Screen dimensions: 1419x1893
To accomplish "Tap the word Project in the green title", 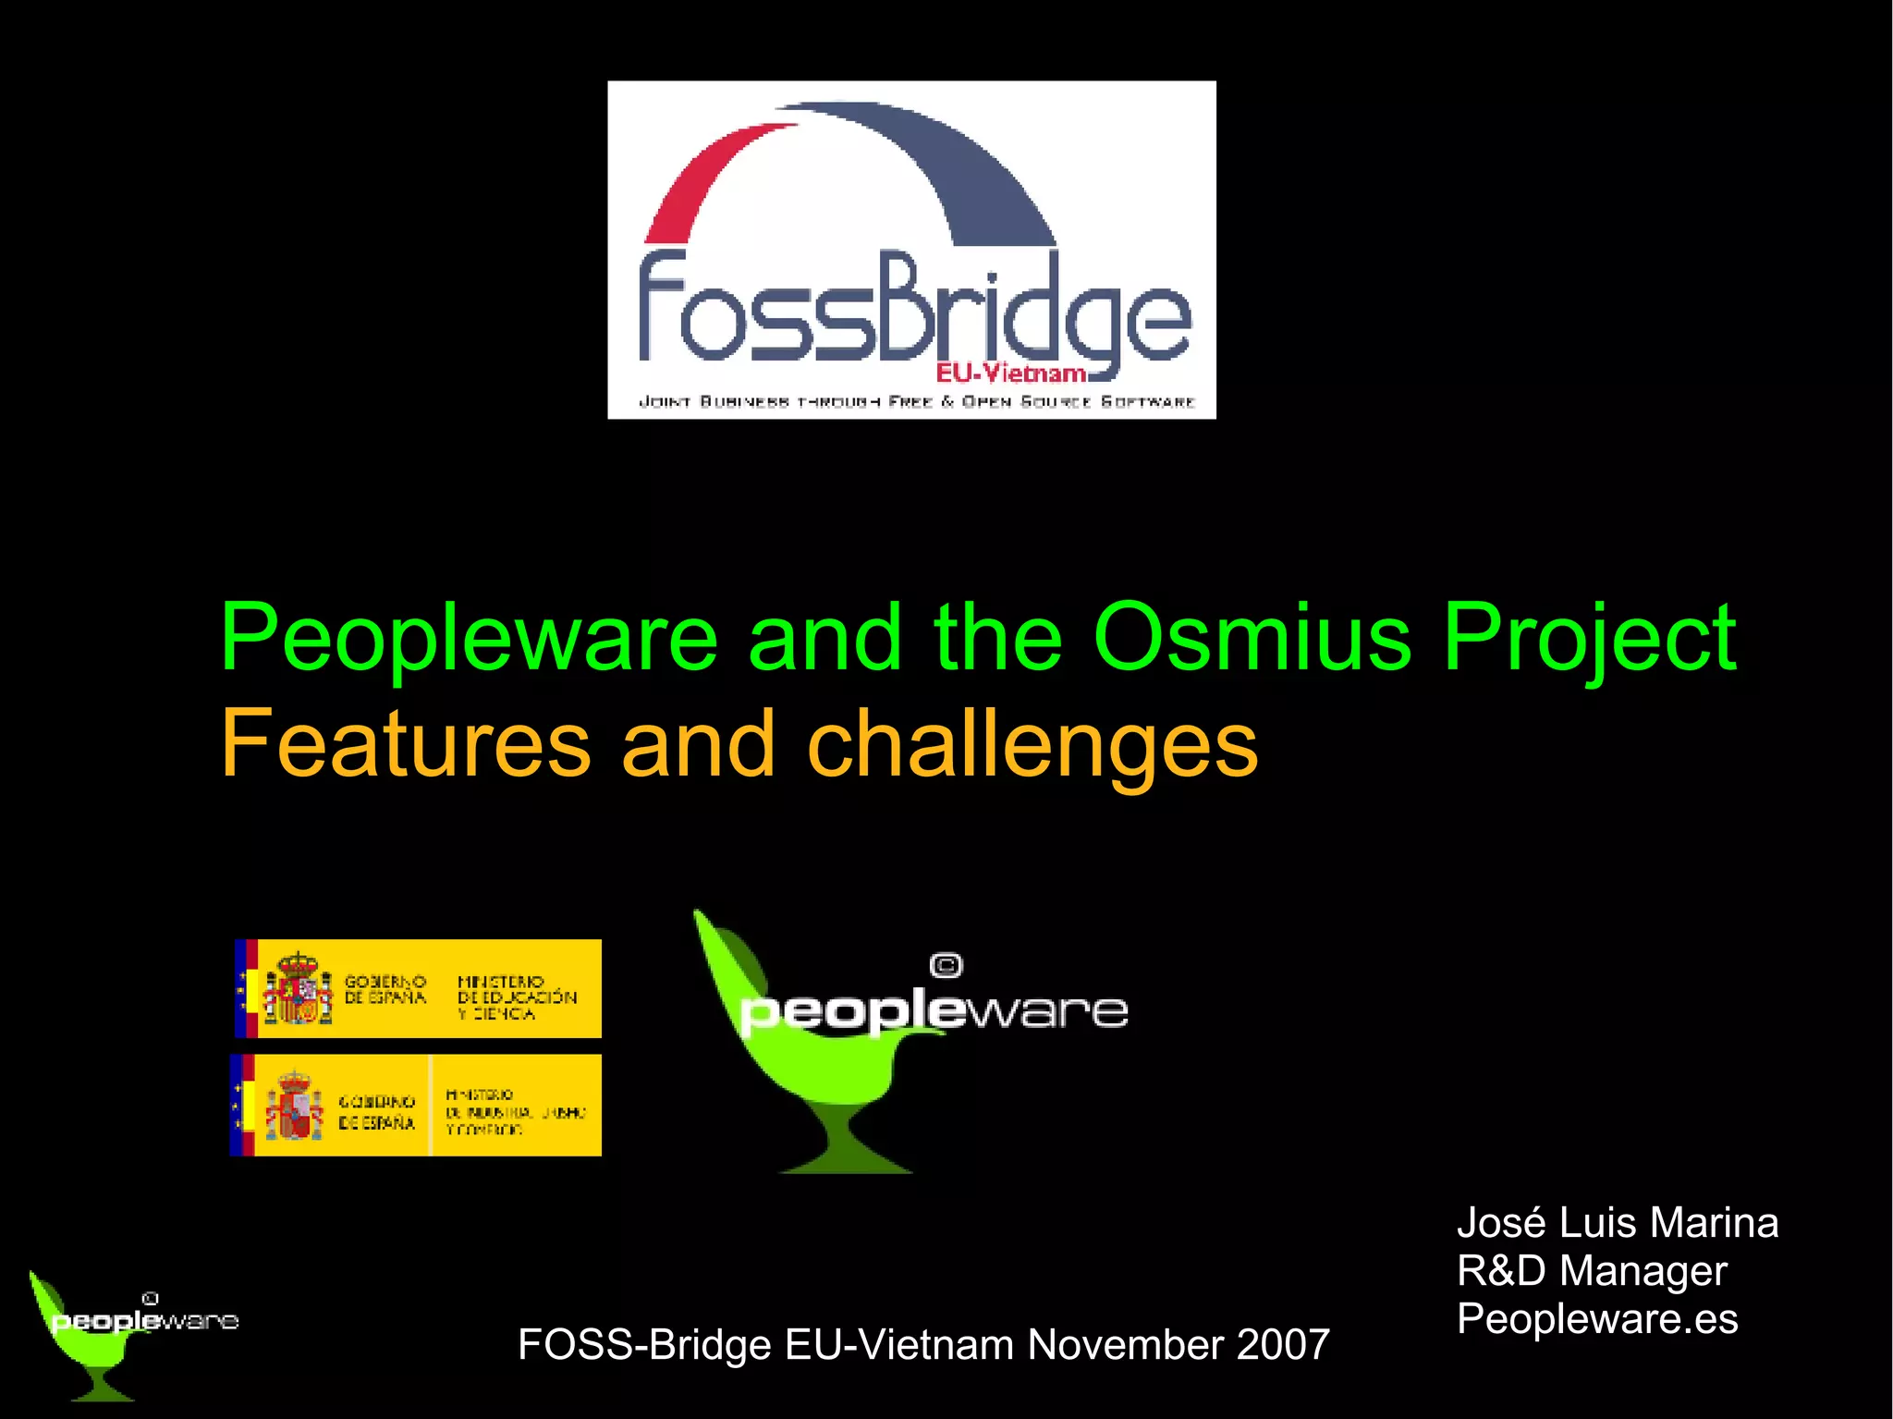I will click(1589, 640).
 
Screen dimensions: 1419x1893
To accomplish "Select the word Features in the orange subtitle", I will click(405, 745).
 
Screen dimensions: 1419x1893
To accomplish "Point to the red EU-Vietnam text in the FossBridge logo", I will click(1010, 373).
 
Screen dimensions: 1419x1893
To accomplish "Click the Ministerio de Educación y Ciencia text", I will click(516, 997).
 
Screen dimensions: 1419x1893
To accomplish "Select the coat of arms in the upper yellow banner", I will click(298, 989).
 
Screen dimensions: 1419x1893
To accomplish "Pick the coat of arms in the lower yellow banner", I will click(294, 1106).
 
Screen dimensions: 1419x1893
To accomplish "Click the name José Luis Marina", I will click(1618, 1223).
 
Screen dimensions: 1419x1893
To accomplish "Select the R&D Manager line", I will click(1592, 1271).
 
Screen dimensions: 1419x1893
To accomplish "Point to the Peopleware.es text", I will click(1597, 1319).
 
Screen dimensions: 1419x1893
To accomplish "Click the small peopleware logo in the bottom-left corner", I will click(129, 1331).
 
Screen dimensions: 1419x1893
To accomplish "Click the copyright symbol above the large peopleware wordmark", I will click(946, 966).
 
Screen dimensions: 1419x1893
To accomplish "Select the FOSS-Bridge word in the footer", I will click(644, 1345).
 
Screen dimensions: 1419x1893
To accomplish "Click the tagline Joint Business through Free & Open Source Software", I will click(916, 402).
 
